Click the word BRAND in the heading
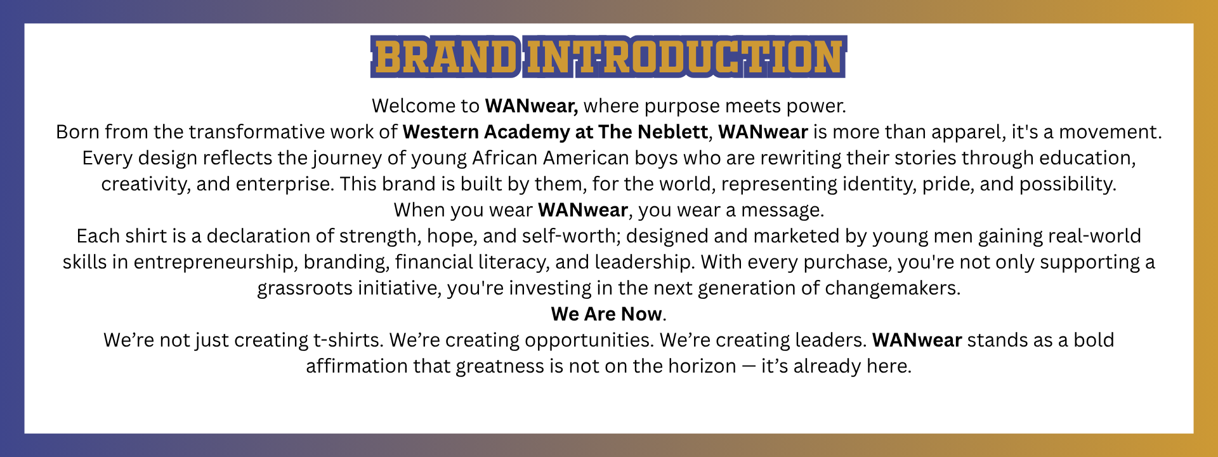[x=445, y=57]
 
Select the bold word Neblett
[x=672, y=132]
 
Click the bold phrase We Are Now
[x=606, y=314]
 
